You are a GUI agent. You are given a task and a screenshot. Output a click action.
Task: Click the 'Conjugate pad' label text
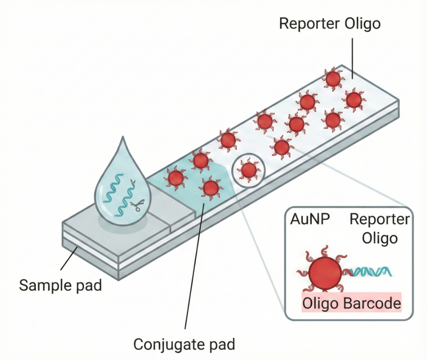coord(184,345)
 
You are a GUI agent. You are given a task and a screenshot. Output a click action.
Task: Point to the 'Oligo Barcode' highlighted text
coord(351,303)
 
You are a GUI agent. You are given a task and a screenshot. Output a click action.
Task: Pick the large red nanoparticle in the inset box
coord(325,273)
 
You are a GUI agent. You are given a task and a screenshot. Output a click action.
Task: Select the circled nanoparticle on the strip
coord(249,170)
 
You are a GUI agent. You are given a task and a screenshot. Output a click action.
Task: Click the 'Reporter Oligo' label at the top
coord(329,24)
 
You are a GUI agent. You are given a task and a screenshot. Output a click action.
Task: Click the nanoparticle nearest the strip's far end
coord(333,78)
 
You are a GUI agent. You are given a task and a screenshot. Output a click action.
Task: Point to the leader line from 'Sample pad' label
coord(69,262)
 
